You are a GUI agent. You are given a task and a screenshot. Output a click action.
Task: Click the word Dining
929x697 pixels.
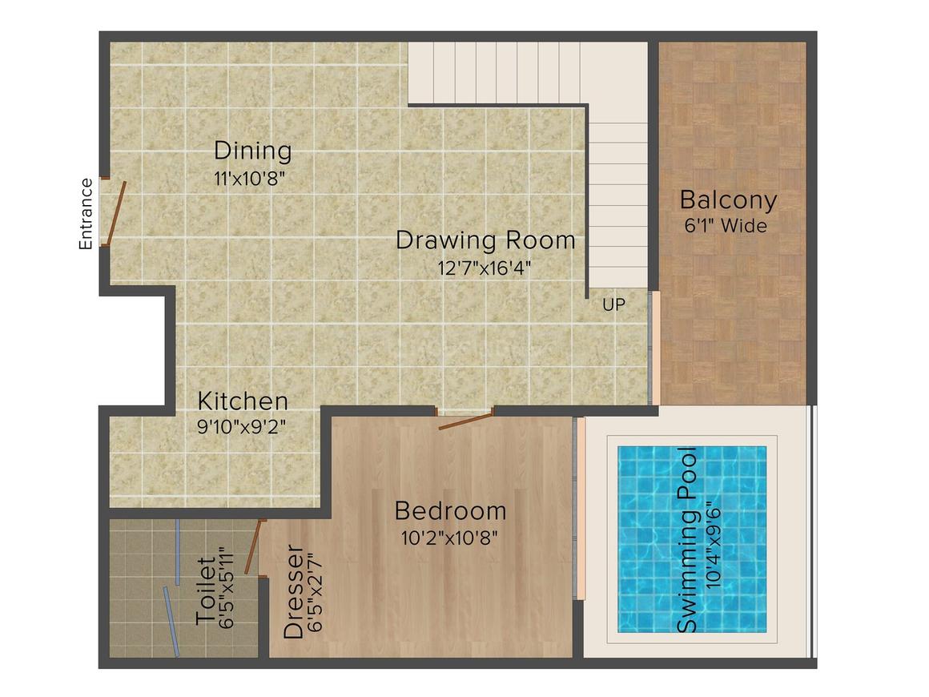point(252,151)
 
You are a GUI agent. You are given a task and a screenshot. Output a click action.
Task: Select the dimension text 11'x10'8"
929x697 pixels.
point(251,178)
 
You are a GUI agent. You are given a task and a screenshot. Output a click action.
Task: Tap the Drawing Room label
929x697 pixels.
point(485,240)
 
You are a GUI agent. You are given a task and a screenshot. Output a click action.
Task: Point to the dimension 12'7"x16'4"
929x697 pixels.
point(485,268)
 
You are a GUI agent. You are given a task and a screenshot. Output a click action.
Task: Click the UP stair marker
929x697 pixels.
point(614,304)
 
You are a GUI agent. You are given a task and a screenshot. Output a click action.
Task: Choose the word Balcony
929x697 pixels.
point(728,199)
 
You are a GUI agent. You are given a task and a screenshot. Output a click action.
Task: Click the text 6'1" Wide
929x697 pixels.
point(726,226)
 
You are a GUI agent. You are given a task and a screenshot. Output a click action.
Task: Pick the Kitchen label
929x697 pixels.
point(243,401)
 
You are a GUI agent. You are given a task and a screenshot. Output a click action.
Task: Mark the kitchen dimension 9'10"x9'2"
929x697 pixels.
point(243,426)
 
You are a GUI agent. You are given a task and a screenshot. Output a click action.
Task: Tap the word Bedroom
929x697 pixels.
point(450,510)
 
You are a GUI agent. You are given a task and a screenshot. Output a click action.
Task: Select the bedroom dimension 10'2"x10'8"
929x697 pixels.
point(450,538)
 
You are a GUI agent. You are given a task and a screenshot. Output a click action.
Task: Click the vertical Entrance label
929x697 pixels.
point(86,214)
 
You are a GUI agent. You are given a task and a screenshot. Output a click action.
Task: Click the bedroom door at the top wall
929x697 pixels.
point(466,421)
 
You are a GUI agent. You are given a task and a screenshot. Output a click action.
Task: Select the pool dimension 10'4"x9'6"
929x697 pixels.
point(714,540)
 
